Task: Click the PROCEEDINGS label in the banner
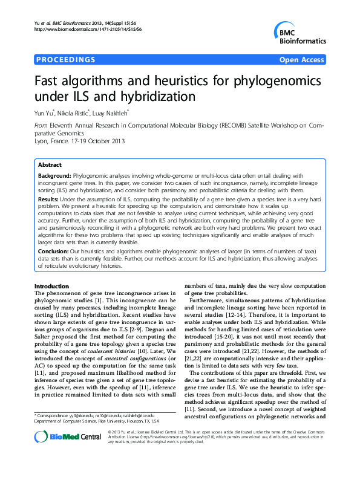point(66,60)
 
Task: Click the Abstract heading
point(50,164)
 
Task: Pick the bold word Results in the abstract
point(48,198)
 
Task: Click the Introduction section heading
point(54,285)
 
